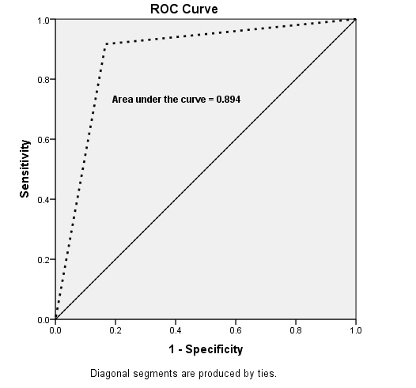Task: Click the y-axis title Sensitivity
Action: click(x=25, y=168)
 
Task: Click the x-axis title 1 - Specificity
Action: click(x=205, y=348)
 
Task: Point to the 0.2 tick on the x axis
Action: click(x=115, y=329)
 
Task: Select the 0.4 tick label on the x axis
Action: click(x=176, y=329)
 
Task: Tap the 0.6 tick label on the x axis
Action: click(x=236, y=329)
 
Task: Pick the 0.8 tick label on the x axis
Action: click(x=296, y=329)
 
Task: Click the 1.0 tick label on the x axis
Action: click(x=355, y=329)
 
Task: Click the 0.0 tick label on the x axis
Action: click(x=55, y=329)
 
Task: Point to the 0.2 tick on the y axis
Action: click(x=43, y=259)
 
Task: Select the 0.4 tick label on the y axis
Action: click(x=43, y=199)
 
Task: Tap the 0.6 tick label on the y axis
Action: click(x=43, y=139)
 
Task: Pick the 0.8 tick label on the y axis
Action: click(x=43, y=79)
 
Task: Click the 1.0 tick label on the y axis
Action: click(x=43, y=20)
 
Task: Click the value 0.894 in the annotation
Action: click(x=228, y=100)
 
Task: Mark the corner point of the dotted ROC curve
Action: click(x=105, y=43)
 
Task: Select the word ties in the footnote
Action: click(x=265, y=373)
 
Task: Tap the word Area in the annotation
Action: click(x=122, y=100)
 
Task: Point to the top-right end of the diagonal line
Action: click(x=355, y=19)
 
